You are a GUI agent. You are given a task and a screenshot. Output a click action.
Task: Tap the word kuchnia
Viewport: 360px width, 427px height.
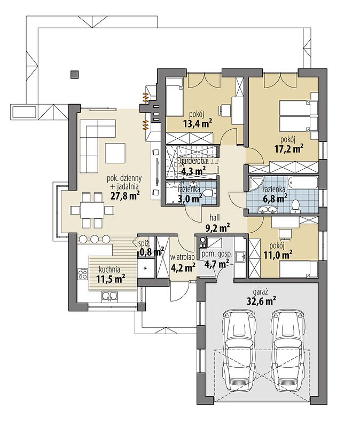(x=109, y=270)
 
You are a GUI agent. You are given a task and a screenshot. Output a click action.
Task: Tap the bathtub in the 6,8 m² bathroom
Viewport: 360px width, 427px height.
(x=303, y=182)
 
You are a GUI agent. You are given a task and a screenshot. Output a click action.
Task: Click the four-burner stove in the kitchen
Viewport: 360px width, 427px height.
(x=83, y=274)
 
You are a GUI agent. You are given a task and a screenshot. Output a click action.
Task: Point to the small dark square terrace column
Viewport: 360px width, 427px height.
(x=74, y=74)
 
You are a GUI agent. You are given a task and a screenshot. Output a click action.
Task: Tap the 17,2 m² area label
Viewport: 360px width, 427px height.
(x=289, y=149)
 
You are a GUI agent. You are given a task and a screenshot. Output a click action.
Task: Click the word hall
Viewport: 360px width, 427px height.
(x=215, y=217)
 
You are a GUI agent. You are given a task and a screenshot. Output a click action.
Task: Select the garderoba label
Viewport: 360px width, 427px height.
(x=193, y=161)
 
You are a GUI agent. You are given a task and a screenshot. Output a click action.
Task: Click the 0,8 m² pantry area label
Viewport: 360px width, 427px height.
(x=152, y=251)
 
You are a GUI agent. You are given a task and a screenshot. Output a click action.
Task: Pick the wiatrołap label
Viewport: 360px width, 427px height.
(x=183, y=257)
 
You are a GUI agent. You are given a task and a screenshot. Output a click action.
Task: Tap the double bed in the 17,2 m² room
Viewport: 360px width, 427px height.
(x=295, y=115)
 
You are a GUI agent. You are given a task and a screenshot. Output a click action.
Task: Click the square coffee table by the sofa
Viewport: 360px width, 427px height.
(x=115, y=153)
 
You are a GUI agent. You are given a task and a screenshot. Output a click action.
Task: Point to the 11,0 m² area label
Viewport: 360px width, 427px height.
(x=278, y=256)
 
